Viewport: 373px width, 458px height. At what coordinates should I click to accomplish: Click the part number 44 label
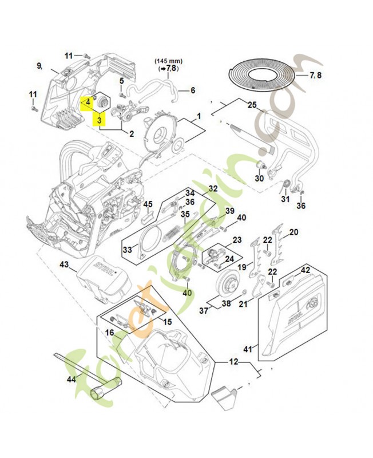coord(71,380)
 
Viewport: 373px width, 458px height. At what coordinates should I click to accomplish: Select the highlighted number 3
coord(100,120)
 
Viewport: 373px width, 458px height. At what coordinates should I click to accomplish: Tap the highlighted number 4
coord(88,102)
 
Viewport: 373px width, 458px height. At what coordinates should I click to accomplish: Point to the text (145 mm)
coord(166,60)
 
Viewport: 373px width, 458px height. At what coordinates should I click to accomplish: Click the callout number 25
coord(252,105)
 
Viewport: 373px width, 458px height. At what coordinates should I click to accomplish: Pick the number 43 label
coord(64,264)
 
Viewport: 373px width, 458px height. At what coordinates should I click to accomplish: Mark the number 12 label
coord(233,362)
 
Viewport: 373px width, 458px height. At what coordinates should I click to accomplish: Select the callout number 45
coord(148,204)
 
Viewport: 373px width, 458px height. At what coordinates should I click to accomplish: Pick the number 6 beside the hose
coord(193,90)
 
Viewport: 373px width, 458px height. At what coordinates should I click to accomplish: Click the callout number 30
coord(259,178)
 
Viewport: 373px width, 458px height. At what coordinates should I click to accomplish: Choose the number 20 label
coord(294,232)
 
